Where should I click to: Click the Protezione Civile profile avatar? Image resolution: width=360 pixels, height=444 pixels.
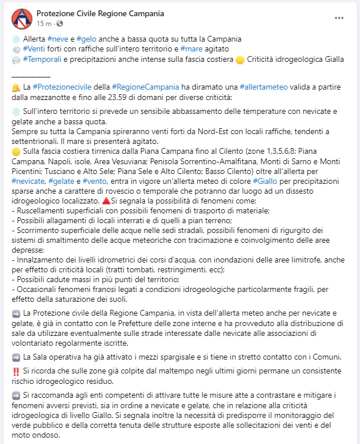22,18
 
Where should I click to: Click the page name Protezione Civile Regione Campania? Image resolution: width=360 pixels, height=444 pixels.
100,13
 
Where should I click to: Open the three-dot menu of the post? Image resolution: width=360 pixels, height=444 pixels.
339,18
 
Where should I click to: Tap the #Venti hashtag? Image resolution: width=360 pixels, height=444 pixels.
34,49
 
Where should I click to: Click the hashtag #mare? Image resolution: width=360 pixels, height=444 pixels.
191,49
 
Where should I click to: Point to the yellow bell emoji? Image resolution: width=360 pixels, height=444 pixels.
16,87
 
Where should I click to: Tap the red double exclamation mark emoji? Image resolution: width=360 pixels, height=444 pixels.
16,371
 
